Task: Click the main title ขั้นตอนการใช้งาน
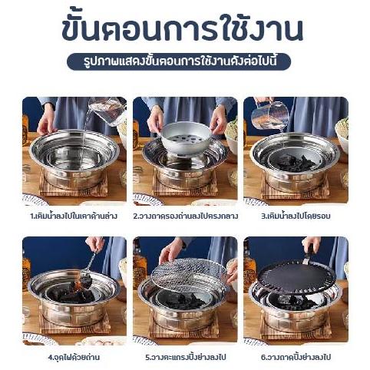182,28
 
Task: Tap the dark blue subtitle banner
179,61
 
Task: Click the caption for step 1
74,216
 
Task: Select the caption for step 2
185,216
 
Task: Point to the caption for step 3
296,216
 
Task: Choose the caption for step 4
74,357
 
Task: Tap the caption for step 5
186,357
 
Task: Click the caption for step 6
296,357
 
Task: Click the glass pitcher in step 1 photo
107,111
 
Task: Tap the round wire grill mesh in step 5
189,276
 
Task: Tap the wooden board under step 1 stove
74,186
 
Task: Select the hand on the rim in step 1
46,121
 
